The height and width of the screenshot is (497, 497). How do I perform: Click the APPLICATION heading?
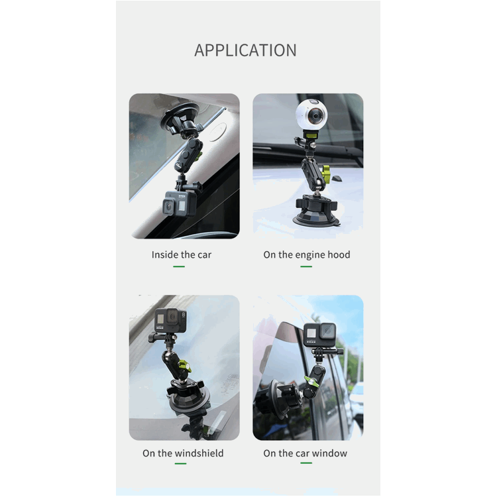pos(245,50)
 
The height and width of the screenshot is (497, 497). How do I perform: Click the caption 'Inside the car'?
pos(182,254)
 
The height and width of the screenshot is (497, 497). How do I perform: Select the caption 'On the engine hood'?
pos(307,254)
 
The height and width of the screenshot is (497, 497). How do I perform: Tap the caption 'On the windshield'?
pos(183,453)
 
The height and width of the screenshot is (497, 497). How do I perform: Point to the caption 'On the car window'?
pos(305,453)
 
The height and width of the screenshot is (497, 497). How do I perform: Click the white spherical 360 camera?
pos(311,117)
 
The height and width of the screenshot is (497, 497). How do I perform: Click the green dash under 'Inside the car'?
pos(179,266)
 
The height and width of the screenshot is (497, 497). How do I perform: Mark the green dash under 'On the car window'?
pos(305,464)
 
